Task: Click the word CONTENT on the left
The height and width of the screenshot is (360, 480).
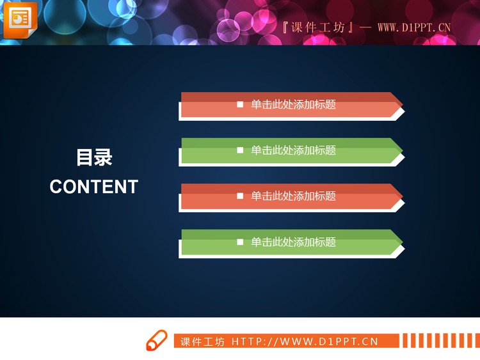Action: (x=94, y=187)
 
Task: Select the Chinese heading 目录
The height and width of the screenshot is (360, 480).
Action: (x=94, y=157)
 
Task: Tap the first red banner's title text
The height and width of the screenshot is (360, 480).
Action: (x=293, y=104)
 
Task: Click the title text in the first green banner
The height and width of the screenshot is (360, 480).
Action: (x=293, y=150)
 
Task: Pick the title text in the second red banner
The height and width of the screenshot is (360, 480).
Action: (x=293, y=196)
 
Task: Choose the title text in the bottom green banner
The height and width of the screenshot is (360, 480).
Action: (x=293, y=242)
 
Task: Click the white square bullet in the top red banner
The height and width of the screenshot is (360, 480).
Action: (x=240, y=104)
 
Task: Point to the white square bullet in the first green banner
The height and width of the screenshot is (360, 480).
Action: (x=240, y=150)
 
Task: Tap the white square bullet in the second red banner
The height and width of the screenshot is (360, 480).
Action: (x=240, y=196)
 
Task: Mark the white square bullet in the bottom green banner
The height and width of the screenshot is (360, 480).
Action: (x=240, y=242)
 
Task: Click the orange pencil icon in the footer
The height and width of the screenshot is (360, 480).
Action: (x=156, y=341)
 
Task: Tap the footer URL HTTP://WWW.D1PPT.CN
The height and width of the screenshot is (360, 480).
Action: (x=305, y=341)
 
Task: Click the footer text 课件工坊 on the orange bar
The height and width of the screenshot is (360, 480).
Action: (x=202, y=341)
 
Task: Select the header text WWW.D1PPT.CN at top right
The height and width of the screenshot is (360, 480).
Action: (x=414, y=27)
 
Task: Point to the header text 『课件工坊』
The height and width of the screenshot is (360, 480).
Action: (x=318, y=27)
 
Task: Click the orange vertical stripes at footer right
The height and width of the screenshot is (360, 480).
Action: (x=441, y=340)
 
